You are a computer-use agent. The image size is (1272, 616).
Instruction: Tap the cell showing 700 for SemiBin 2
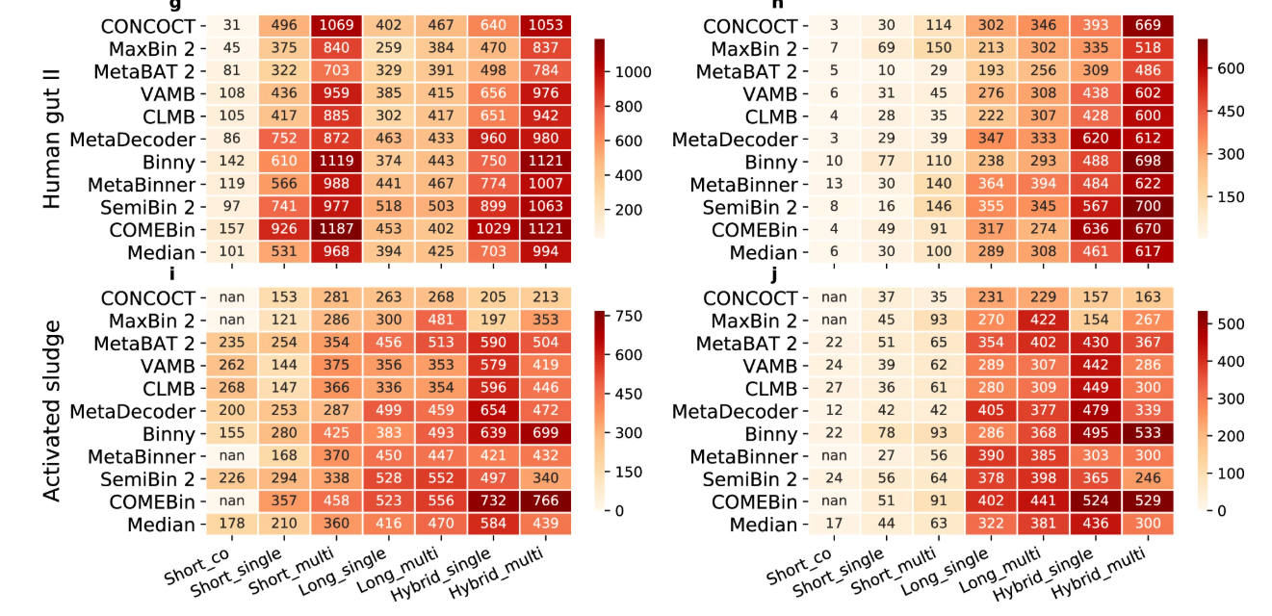point(1146,207)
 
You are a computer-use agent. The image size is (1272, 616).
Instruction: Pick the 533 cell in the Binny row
point(1146,434)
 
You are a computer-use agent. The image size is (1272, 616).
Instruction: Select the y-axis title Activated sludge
point(53,411)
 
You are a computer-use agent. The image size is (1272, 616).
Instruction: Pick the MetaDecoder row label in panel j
point(736,412)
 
